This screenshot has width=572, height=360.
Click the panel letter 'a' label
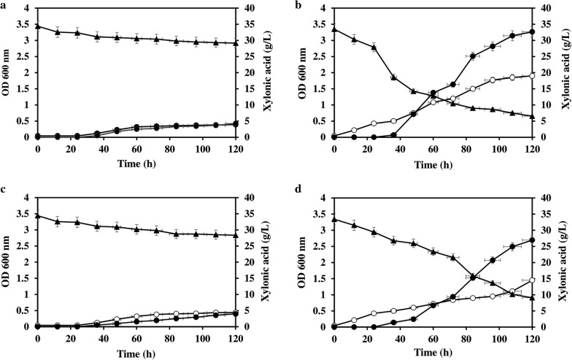click(4, 5)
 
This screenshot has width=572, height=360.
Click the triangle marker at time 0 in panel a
click(37, 26)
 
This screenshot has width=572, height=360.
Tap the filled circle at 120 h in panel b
click(532, 31)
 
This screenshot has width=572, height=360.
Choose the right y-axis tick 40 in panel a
click(250, 9)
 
